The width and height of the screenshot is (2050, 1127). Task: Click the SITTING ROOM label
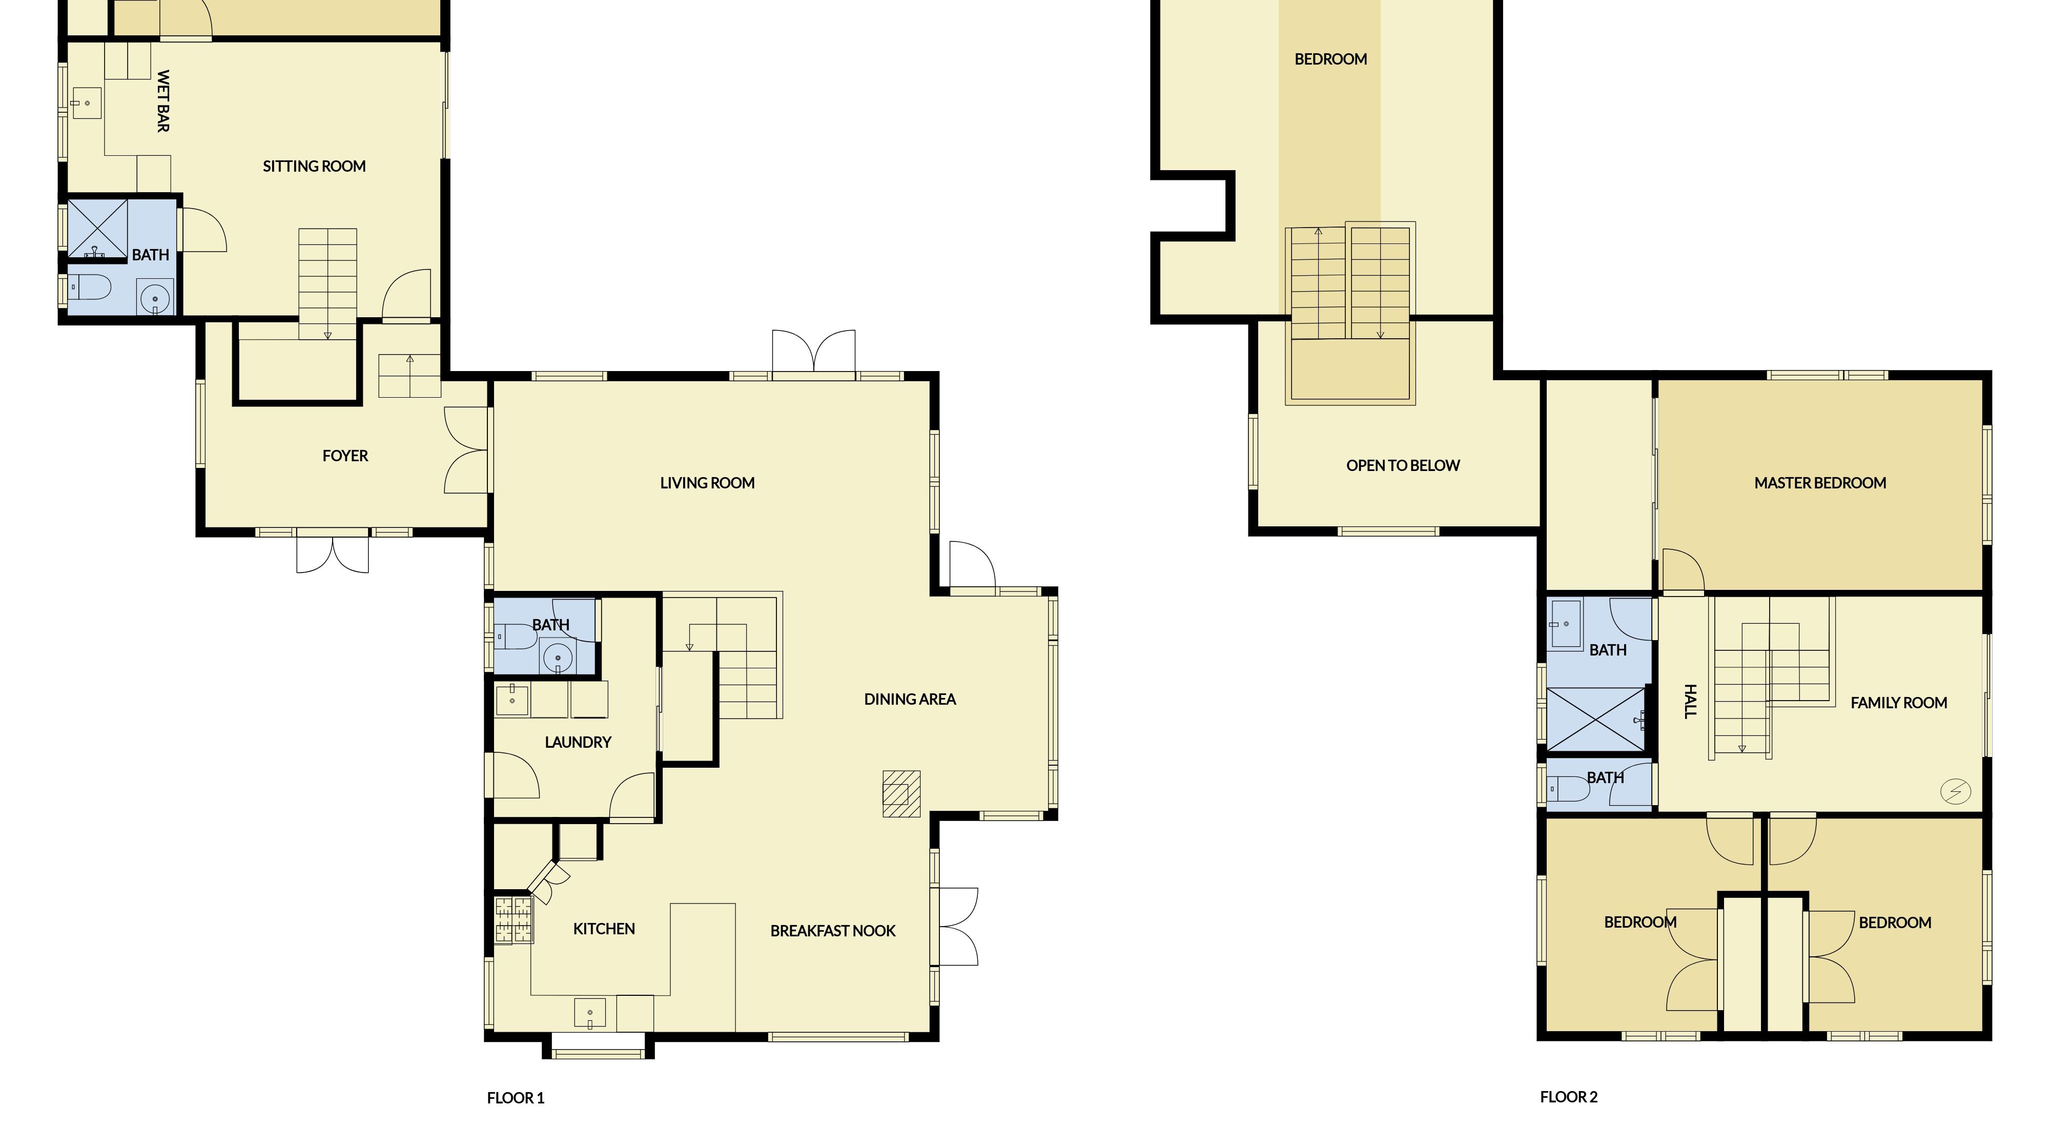(x=314, y=167)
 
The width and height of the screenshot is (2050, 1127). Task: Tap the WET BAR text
(x=163, y=101)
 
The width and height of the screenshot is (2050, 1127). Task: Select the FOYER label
(x=345, y=456)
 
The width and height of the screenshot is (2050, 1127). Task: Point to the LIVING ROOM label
(x=707, y=483)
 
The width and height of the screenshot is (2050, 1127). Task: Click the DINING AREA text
(x=910, y=700)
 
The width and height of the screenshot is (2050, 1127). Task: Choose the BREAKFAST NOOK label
(x=833, y=931)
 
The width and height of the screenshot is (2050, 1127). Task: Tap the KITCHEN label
(x=604, y=929)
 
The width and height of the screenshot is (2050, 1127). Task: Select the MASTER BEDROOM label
(x=1820, y=483)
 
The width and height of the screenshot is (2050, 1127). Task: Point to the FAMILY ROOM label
(x=1899, y=703)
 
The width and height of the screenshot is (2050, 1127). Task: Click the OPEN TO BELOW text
(x=1403, y=465)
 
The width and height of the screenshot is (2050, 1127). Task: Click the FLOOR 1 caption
(x=516, y=1098)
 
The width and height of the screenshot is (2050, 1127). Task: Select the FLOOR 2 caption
(x=1569, y=1098)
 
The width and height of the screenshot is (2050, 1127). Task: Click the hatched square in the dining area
(x=901, y=793)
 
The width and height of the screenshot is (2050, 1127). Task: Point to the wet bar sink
(x=87, y=104)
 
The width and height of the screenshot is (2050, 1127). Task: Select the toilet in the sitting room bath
(x=89, y=286)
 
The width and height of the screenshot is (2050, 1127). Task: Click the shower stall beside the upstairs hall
(x=1595, y=720)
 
